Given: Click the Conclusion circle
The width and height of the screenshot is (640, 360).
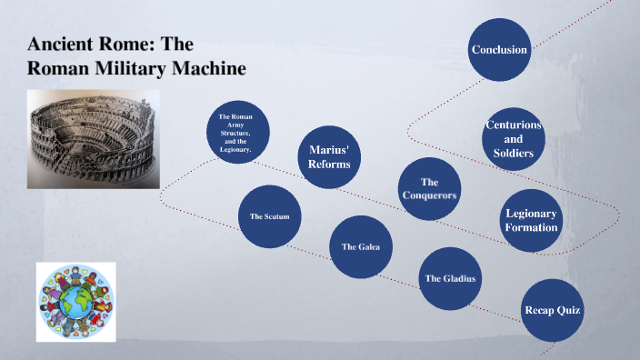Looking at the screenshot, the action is pos(499,49).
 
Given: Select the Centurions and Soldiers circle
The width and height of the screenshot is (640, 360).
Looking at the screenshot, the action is pos(514,139).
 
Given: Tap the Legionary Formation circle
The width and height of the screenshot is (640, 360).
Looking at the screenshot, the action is pos(532,220).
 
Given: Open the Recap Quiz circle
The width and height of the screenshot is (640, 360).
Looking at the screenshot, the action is pos(552,311).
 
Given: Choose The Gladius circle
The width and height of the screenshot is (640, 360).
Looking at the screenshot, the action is pos(450,278).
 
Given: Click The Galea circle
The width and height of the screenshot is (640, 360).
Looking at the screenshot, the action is pos(361,246).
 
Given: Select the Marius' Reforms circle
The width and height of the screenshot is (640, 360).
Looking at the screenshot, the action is pos(329,156).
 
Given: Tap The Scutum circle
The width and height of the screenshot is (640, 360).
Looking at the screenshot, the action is pos(269,217).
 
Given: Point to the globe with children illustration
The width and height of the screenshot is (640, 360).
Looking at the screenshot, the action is pos(76,301).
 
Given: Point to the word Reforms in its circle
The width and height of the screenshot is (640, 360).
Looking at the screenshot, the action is pos(329,164).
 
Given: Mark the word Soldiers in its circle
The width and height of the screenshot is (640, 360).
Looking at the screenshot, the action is pos(514,153).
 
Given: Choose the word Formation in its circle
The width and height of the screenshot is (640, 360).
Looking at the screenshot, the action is pos(532,226).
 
